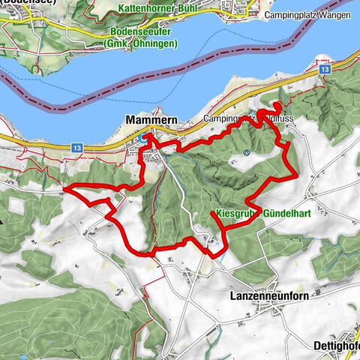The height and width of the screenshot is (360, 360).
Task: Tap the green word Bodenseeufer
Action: click(141, 32)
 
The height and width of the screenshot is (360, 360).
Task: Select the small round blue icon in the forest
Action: click(246, 152)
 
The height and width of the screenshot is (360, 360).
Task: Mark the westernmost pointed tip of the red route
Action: click(65, 189)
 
